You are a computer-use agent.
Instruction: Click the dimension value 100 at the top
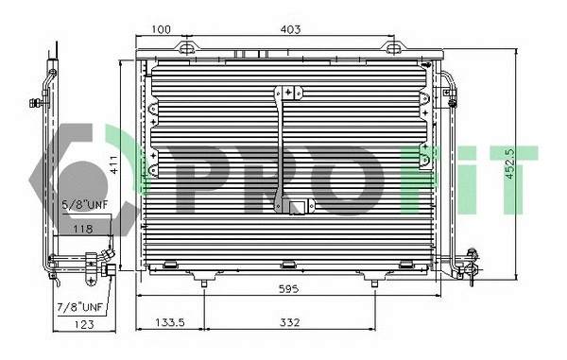point(161,29)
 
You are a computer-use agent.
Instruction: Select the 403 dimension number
point(291,29)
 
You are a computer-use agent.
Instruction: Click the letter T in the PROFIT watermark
point(516,178)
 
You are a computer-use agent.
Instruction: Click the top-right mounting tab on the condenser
point(390,45)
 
